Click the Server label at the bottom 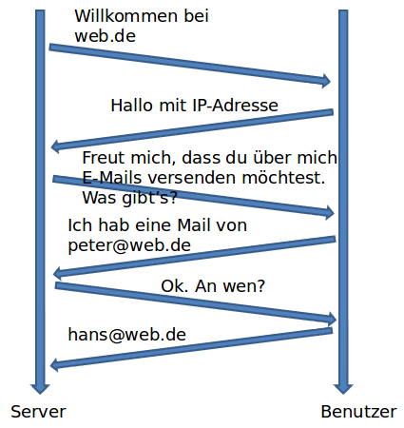coord(38,412)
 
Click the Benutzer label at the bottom coord(358,412)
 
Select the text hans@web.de coord(126,334)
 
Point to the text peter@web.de coord(129,244)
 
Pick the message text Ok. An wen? coord(213,285)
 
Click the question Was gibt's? coord(130,198)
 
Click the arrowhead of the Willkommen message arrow coord(325,81)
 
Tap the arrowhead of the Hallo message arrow coord(57,146)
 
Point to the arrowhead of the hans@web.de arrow coord(57,364)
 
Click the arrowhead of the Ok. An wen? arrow coord(330,318)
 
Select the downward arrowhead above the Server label coord(39,386)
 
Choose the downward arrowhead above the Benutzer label coord(343,386)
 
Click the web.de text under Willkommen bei coord(105,36)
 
